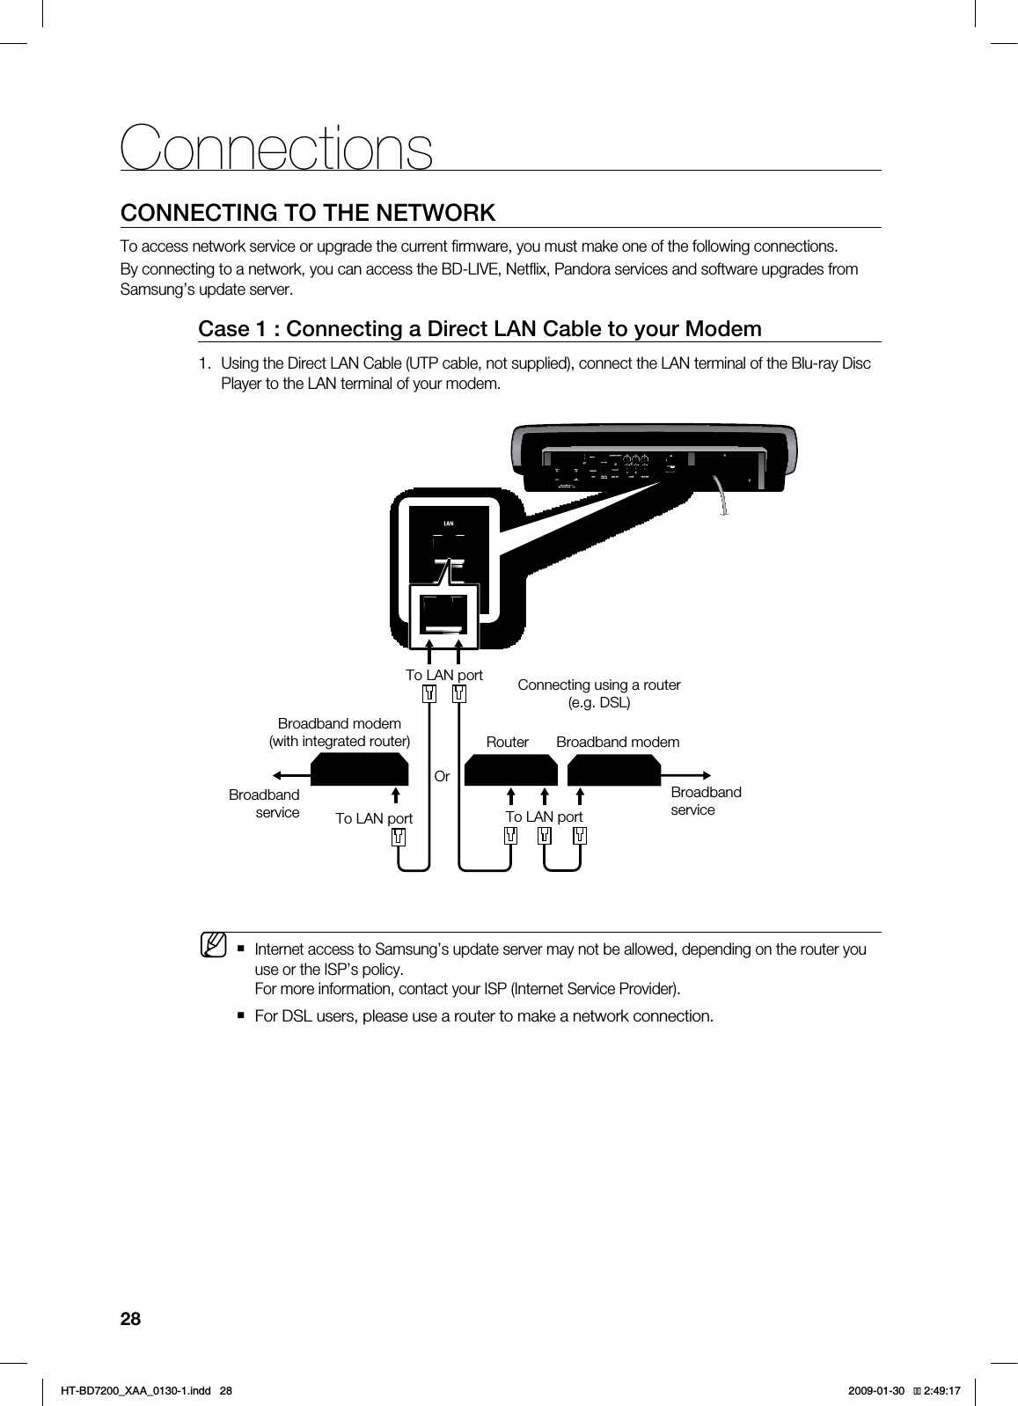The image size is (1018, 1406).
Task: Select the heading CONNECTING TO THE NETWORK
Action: coord(308,213)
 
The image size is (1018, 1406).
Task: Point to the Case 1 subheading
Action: coord(480,329)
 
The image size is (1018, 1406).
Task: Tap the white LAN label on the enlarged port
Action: coord(449,523)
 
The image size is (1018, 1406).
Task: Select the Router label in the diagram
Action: coord(508,742)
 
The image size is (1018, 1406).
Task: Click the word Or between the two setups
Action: coord(442,777)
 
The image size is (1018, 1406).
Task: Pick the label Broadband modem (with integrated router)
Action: coord(340,732)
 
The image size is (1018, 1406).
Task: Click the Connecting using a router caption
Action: coord(599,693)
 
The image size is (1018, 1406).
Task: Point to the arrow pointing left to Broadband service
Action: coord(290,775)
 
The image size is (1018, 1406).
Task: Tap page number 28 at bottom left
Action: coord(130,1319)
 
